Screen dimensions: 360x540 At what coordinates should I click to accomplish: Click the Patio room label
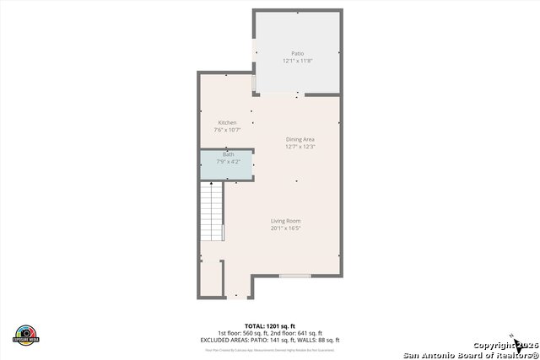(x=297, y=54)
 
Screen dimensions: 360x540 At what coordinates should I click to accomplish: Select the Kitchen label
(x=228, y=122)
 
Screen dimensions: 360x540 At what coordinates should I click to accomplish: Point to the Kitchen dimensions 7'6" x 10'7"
(x=228, y=130)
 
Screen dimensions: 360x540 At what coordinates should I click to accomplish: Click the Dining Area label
(x=300, y=139)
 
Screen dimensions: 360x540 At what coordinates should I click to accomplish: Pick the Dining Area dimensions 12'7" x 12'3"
(x=300, y=147)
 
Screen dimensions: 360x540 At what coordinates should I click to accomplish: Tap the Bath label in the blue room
(x=229, y=154)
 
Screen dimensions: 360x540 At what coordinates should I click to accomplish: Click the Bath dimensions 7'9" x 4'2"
(x=229, y=161)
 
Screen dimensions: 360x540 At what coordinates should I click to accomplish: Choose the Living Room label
(x=286, y=221)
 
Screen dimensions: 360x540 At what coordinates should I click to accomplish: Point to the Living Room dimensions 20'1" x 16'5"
(x=286, y=228)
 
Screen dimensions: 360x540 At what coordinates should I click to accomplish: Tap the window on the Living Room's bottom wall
(x=294, y=276)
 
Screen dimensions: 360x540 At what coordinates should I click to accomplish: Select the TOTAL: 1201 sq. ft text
(x=270, y=325)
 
